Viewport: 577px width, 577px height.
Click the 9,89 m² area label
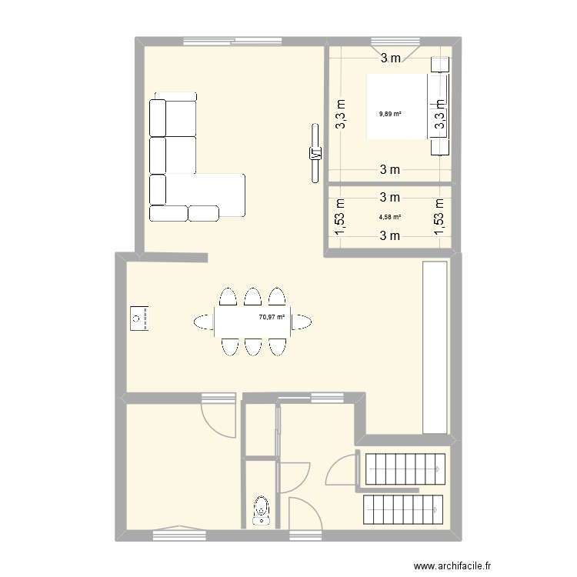coord(390,114)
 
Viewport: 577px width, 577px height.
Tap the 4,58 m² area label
coord(390,217)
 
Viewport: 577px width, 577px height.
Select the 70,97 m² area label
coord(272,316)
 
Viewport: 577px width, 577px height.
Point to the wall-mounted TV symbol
coord(314,153)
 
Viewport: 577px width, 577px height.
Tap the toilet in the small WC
coord(262,510)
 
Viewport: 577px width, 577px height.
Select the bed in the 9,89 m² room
coord(398,106)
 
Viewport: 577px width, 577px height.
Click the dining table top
coord(252,322)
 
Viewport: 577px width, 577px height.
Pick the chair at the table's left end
coord(204,322)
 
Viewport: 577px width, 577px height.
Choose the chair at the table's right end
coord(302,322)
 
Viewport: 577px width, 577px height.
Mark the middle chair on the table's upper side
coord(252,298)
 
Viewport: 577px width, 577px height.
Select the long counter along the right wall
coord(435,348)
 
